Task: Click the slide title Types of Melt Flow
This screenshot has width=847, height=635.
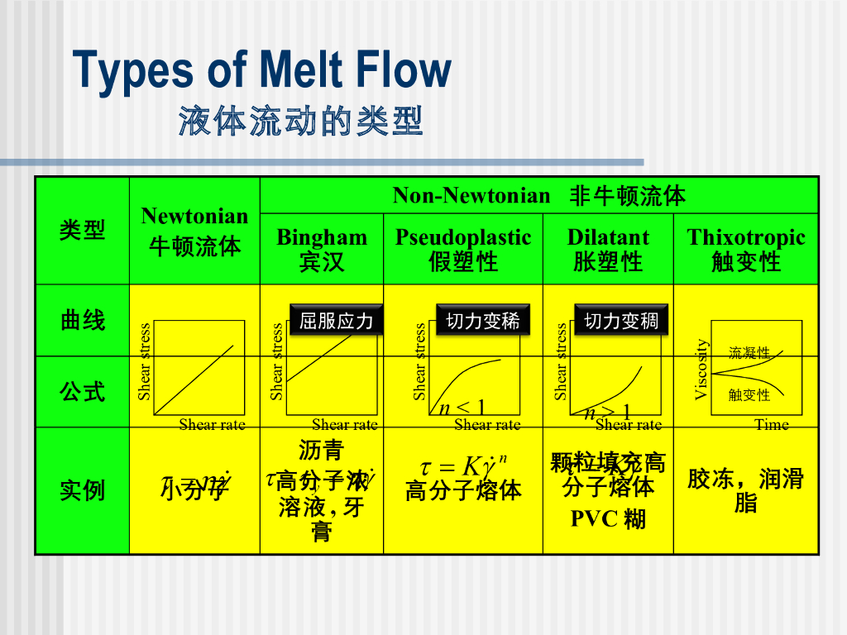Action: coord(262,70)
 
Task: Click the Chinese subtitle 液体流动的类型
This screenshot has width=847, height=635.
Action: coord(301,122)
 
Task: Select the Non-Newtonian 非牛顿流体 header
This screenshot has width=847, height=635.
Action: coord(538,195)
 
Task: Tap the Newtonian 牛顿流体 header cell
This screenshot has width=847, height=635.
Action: coord(194,231)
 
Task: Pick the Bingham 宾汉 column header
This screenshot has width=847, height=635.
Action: coord(322,249)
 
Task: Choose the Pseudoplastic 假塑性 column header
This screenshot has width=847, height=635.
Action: coord(463,249)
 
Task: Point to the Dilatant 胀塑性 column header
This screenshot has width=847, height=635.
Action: coord(608,249)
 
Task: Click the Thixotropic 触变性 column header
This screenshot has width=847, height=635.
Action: coord(746,249)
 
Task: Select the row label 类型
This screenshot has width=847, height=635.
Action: coord(82,230)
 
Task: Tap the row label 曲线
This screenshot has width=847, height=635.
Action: coord(82,321)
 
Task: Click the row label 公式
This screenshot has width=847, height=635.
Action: coord(82,391)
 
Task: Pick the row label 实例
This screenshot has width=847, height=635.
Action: coord(82,490)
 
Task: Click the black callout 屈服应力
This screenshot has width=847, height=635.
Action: coord(337,320)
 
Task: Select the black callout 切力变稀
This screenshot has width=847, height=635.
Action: coord(483,320)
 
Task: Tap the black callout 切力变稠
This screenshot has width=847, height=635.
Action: coord(621,320)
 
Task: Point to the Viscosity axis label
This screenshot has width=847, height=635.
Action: coord(701,369)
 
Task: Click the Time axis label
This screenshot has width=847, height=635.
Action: coord(771,425)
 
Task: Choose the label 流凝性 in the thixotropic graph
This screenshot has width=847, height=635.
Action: coord(749,353)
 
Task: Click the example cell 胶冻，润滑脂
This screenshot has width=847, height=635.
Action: coord(746,490)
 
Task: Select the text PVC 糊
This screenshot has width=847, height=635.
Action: coord(608,519)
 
